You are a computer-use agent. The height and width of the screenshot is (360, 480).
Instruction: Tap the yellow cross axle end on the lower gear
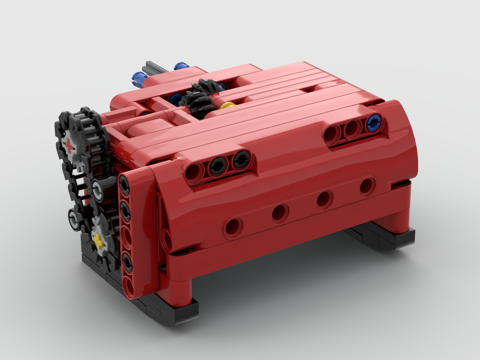pyautogui.click(x=99, y=240)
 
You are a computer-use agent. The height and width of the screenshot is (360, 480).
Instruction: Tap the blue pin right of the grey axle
pyautogui.click(x=181, y=65)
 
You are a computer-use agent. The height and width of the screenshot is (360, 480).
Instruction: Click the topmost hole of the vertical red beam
pyautogui.click(x=124, y=183)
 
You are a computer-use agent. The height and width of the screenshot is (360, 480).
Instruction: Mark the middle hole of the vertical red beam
pyautogui.click(x=127, y=235)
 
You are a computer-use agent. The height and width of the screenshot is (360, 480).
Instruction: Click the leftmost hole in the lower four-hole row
pyautogui.click(x=233, y=227)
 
